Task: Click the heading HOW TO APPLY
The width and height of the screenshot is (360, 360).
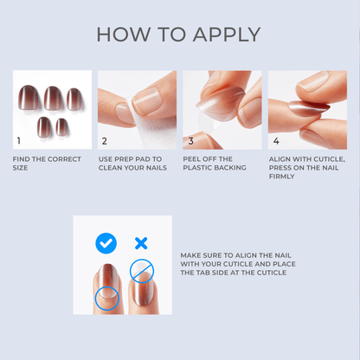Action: click(x=179, y=35)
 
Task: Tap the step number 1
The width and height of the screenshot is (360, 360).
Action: click(x=19, y=140)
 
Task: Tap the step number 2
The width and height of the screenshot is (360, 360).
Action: click(x=104, y=140)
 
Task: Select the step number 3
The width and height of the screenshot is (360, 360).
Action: click(x=190, y=140)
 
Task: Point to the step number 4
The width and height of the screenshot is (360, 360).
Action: click(x=275, y=140)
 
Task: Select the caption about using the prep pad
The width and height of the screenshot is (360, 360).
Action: click(x=133, y=164)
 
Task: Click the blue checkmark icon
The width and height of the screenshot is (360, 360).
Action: click(x=106, y=243)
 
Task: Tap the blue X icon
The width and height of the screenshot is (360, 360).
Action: click(x=141, y=243)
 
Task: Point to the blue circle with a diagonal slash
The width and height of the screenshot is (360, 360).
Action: click(x=141, y=272)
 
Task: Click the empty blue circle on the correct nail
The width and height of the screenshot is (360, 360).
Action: click(x=107, y=299)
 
